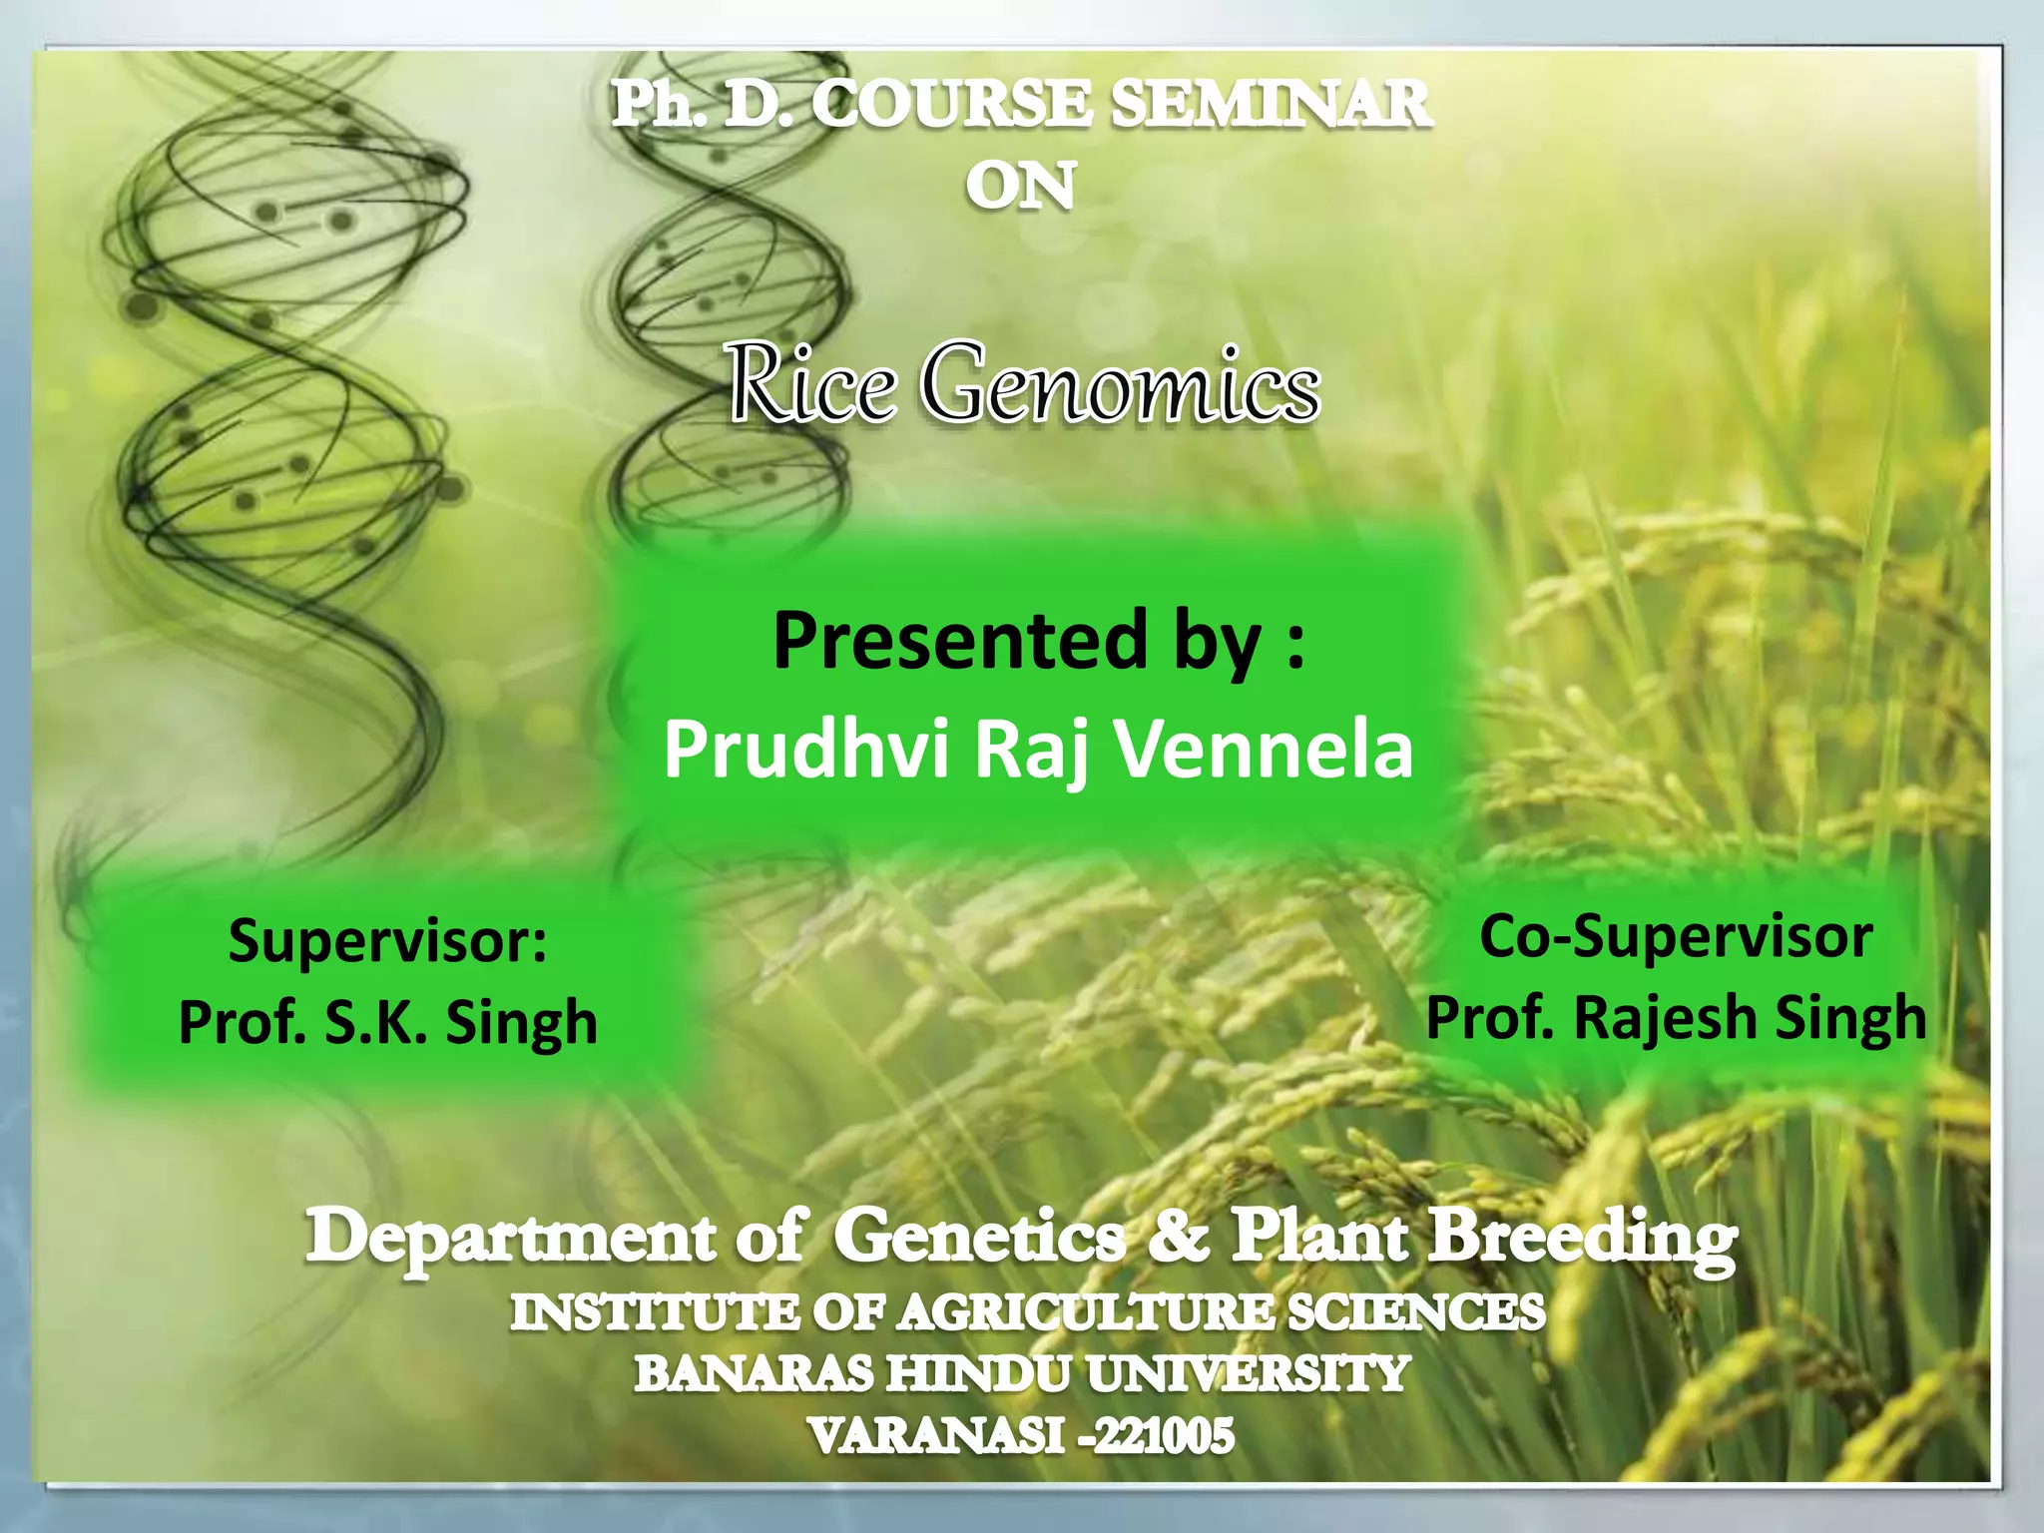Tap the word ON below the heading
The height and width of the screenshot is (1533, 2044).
[x=1020, y=187]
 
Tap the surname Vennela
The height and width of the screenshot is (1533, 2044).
[x=1264, y=749]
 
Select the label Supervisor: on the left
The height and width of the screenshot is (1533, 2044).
[x=387, y=940]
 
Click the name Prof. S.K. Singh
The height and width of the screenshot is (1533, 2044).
[x=387, y=1022]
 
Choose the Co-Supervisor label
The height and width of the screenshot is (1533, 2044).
[x=1675, y=936]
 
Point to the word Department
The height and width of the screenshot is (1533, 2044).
[x=509, y=1238]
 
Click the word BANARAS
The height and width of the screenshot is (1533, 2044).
[x=754, y=1374]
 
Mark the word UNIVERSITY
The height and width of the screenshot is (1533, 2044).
[x=1248, y=1374]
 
